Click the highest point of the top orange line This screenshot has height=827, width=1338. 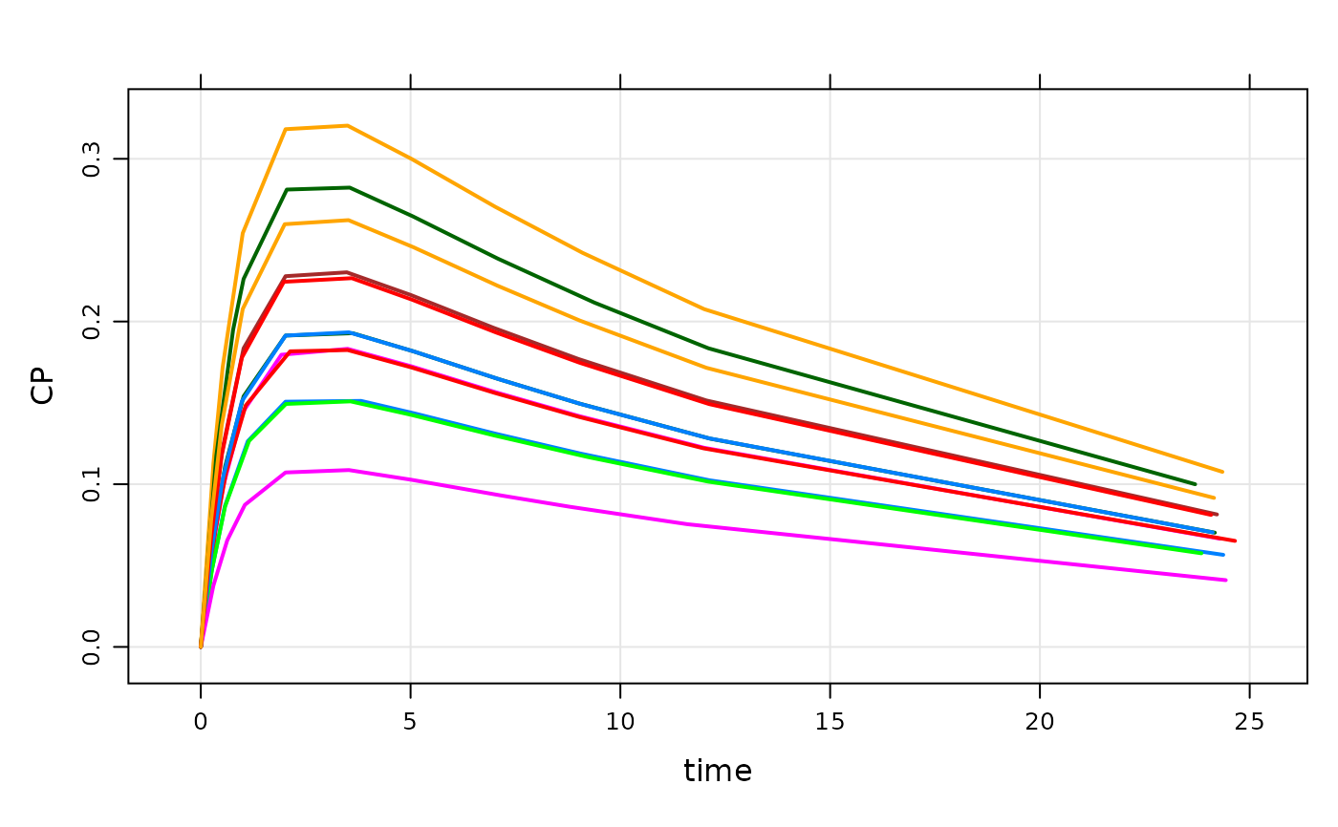click(347, 125)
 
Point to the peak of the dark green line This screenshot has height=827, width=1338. click(350, 187)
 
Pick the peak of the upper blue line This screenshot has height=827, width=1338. click(351, 332)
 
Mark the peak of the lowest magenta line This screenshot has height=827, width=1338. click(351, 470)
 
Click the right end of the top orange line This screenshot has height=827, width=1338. click(1222, 472)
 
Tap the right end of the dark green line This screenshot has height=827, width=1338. click(1195, 484)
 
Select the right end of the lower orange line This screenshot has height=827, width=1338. click(1214, 498)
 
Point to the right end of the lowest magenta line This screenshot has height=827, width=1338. click(1226, 580)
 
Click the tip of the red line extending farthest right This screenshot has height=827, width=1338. click(1235, 541)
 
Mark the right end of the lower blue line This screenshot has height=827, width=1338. click(1223, 554)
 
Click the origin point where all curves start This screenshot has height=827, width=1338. click(201, 647)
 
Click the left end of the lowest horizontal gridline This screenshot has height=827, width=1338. click(131, 647)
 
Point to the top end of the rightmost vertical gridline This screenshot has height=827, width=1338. click(1249, 92)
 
